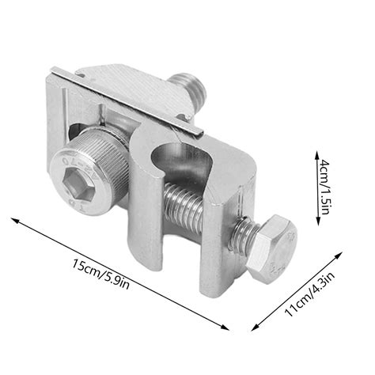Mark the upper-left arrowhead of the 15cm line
(x=14, y=218)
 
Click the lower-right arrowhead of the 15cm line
(x=229, y=328)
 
